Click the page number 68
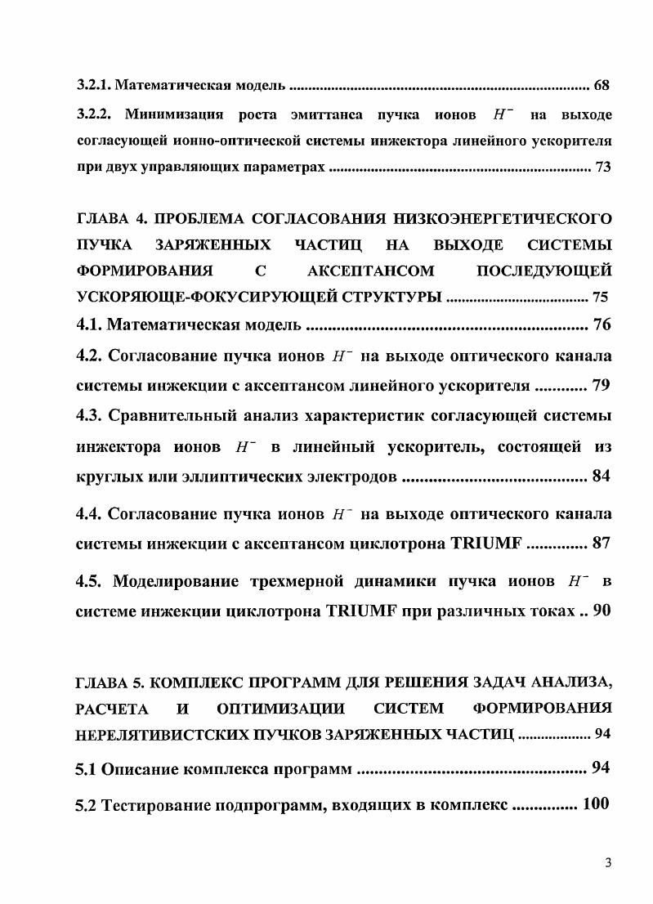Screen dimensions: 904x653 [602, 84]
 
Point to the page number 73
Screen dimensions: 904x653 [603, 168]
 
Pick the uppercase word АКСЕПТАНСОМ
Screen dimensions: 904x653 [371, 270]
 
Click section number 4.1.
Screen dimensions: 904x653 [89, 325]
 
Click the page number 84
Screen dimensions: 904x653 [601, 476]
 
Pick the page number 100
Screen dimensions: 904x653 [596, 804]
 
